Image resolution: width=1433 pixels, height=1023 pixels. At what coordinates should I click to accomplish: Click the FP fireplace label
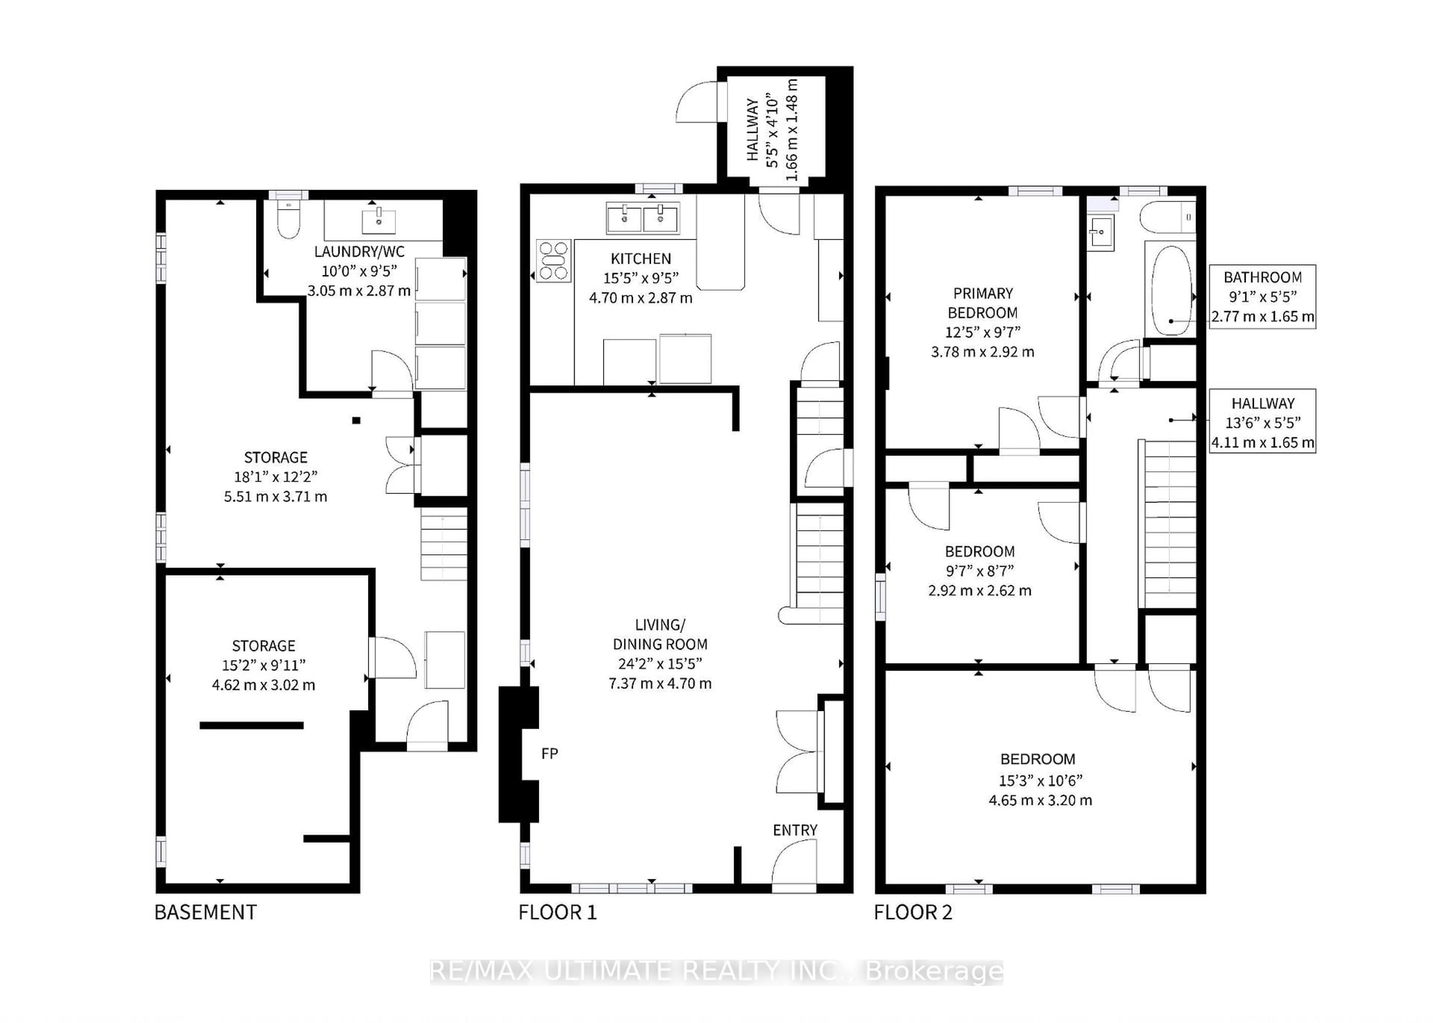(x=549, y=753)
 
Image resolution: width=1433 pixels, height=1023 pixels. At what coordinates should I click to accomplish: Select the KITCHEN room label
(x=640, y=258)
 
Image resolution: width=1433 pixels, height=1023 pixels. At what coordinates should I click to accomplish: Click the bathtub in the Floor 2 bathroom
(x=1171, y=290)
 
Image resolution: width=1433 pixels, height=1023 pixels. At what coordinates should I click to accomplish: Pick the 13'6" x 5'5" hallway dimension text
(x=1262, y=423)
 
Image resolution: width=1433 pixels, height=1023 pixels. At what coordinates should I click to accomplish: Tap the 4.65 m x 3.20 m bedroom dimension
(x=1040, y=800)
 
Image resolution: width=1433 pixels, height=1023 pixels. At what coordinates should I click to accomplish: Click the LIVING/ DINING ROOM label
(x=660, y=634)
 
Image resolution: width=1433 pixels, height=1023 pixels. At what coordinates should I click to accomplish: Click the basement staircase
(x=444, y=545)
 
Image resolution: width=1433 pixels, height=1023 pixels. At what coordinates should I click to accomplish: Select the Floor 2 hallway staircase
(x=1169, y=523)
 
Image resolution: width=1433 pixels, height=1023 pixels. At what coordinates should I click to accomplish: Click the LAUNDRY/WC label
(x=359, y=251)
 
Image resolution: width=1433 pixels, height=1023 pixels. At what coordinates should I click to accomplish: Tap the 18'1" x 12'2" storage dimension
(x=276, y=477)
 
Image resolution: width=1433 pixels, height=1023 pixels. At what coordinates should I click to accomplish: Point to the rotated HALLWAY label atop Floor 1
(x=752, y=129)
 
